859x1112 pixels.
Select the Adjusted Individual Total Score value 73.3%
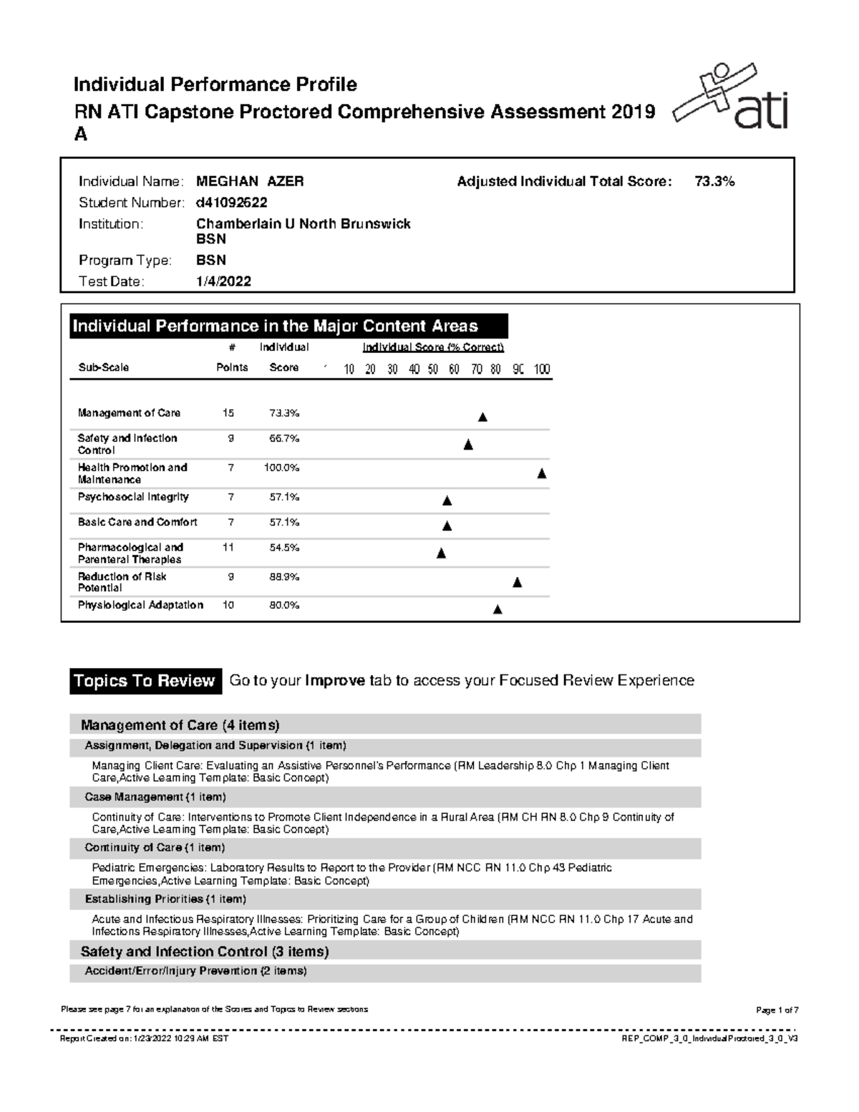click(x=714, y=182)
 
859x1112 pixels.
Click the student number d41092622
click(x=232, y=203)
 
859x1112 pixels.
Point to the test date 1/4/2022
click(x=223, y=281)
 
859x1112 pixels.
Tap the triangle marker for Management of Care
click(x=482, y=417)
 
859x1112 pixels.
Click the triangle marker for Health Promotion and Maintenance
click(x=542, y=473)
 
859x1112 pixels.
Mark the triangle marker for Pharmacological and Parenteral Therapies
click(x=441, y=553)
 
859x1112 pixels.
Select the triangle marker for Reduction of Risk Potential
click(x=518, y=583)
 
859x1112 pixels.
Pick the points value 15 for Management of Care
click(x=228, y=413)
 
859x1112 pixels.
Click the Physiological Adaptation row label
click(x=140, y=605)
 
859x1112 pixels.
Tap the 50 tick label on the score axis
click(x=433, y=369)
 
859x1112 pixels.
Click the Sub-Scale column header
click(x=103, y=367)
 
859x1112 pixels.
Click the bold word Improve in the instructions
click(x=335, y=681)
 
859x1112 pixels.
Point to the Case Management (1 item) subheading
click(x=155, y=797)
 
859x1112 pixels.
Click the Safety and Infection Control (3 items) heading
click(x=205, y=952)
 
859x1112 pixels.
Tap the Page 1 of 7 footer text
click(x=777, y=1010)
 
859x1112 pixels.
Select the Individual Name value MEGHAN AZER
click(x=250, y=182)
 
